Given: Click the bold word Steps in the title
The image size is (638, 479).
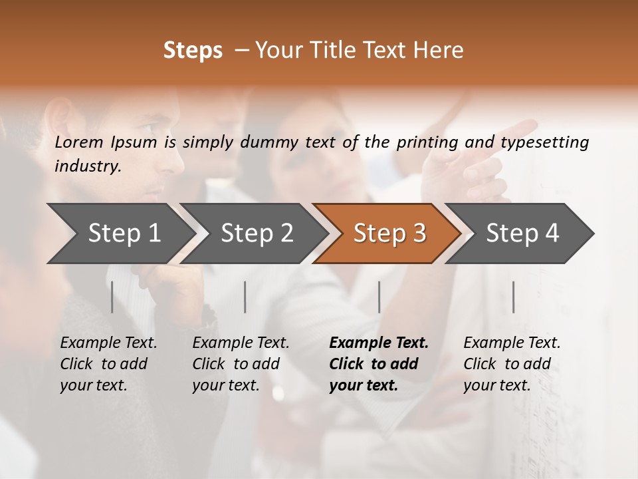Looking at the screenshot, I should click(x=193, y=51).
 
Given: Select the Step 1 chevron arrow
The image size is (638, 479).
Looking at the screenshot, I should click(x=124, y=234).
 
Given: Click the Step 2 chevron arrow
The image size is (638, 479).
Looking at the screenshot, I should click(x=257, y=234).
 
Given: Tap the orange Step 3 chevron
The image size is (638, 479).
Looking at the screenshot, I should click(x=389, y=234).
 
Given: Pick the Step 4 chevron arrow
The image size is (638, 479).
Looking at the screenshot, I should click(x=522, y=234).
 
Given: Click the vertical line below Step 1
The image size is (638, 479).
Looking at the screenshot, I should click(x=112, y=297).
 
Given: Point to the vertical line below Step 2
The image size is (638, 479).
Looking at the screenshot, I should click(x=245, y=297).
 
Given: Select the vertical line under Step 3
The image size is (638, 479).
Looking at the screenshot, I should click(x=379, y=297).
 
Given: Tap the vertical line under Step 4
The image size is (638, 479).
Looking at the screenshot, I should click(x=513, y=297).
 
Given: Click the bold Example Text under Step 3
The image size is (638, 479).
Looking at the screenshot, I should click(x=379, y=343).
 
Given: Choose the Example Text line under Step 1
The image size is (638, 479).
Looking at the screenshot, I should click(x=108, y=343).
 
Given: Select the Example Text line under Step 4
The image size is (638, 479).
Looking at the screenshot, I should click(x=512, y=343).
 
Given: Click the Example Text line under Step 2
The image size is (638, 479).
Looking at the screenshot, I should click(x=241, y=343).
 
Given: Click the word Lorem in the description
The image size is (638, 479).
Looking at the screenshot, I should click(x=79, y=142).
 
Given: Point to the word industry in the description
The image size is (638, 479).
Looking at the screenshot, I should click(x=88, y=166).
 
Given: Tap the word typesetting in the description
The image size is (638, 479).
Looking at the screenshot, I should click(x=550, y=142).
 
